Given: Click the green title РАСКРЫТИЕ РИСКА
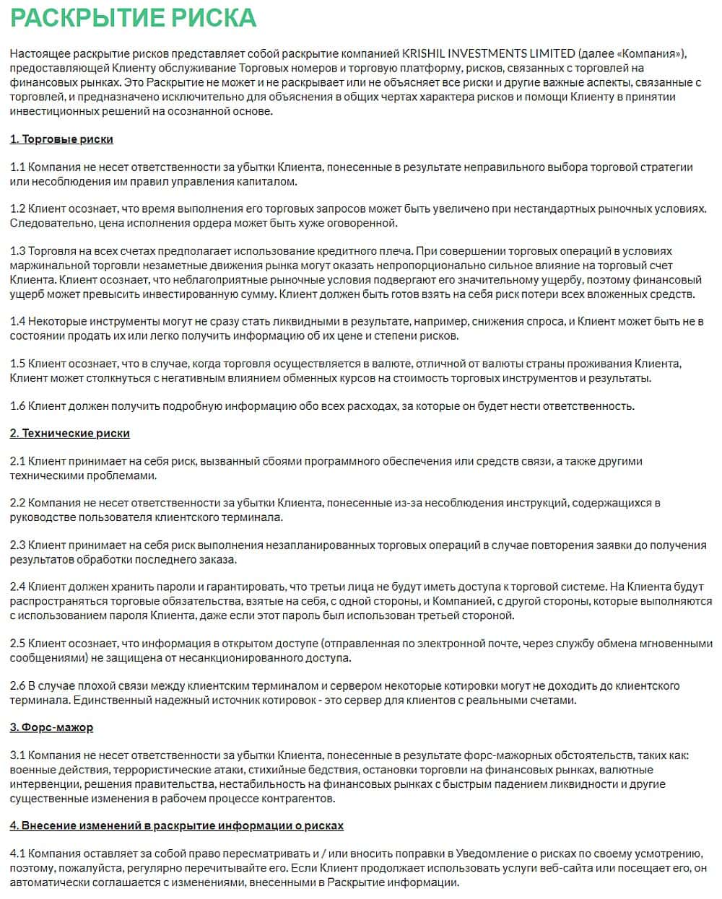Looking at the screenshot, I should (x=133, y=17).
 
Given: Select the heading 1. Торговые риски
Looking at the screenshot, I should (x=61, y=139).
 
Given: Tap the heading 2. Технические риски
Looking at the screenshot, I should (x=69, y=434).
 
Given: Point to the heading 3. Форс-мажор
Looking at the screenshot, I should (x=51, y=728).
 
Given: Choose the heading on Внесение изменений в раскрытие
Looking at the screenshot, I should (x=176, y=826).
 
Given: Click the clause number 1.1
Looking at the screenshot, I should (x=17, y=167).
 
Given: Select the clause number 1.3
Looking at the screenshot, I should (x=17, y=251).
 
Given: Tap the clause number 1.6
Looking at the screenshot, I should (x=17, y=406).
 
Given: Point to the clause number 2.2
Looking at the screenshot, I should (x=18, y=503).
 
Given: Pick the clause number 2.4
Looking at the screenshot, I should (x=18, y=587).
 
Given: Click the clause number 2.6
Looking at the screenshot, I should (x=18, y=686).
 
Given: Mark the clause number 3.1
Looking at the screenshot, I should (x=17, y=755).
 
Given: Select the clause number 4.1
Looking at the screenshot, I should (x=18, y=854).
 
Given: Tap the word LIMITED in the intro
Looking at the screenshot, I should (x=552, y=54).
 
